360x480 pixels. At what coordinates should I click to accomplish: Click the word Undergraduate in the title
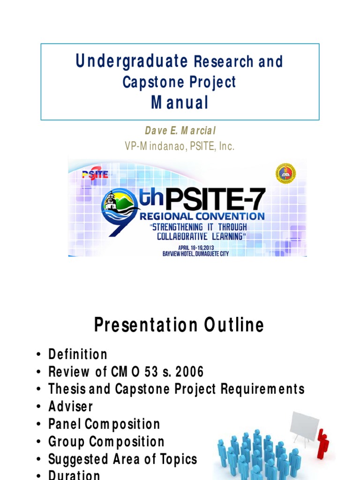132,61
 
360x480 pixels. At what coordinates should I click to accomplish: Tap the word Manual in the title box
180,103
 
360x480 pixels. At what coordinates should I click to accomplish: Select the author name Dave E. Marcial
180,131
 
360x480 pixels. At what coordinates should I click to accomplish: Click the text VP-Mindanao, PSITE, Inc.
180,147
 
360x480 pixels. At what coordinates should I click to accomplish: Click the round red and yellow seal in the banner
285,173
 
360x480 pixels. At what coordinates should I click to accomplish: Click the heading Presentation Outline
179,325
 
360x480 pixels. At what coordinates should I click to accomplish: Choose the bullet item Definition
78,354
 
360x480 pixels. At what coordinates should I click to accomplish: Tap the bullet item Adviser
71,406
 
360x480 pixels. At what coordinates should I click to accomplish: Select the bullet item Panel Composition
104,424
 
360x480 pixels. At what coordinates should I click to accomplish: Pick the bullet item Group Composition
106,442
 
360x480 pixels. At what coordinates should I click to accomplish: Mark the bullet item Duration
74,475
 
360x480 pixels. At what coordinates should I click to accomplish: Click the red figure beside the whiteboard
322,443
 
